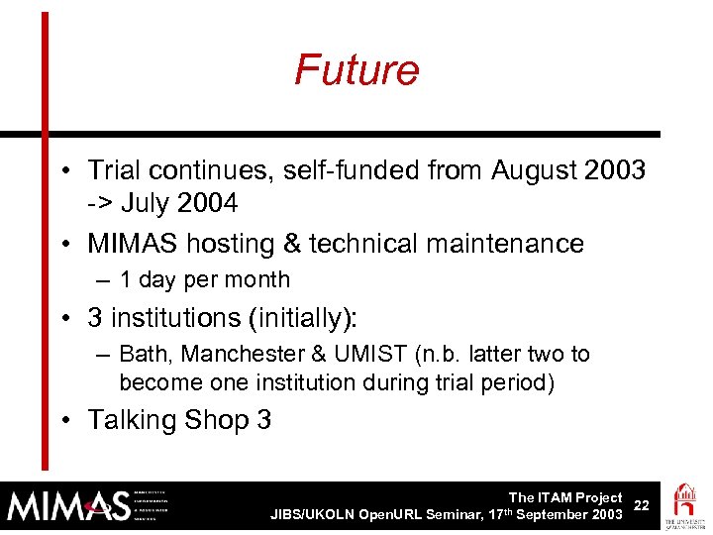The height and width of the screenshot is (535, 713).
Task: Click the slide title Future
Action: coord(356,70)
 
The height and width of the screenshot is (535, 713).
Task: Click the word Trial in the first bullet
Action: coord(112,171)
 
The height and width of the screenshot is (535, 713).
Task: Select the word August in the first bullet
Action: coord(535,171)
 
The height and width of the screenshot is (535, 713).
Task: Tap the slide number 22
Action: coord(642,505)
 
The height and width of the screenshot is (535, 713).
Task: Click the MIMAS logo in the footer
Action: coord(69,506)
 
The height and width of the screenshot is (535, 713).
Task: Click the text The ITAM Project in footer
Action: coord(564,497)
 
